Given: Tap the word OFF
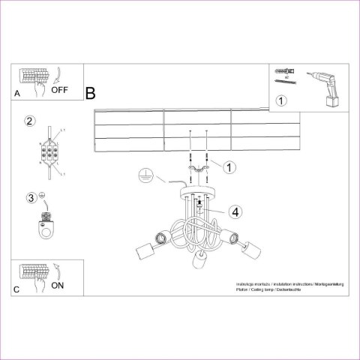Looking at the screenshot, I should point(61,90).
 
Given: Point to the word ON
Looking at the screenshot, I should point(58,285).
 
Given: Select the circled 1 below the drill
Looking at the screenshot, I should point(281,100).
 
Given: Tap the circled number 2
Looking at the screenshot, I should point(29,121).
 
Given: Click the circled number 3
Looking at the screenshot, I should point(31,198).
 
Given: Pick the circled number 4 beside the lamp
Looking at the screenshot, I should point(235,212).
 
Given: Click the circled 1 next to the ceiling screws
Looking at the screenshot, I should point(230,166).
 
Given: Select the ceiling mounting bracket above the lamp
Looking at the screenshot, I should point(198,173).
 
